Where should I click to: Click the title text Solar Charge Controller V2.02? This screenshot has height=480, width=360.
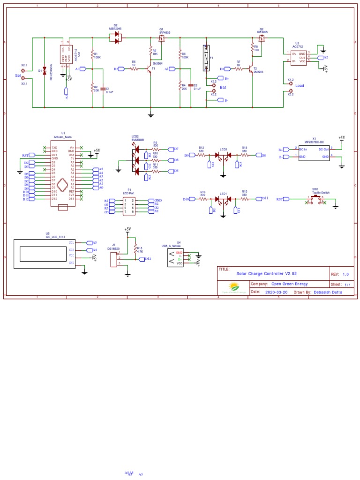pyautogui.click(x=266, y=273)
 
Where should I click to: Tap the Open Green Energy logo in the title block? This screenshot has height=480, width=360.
pyautogui.click(x=233, y=287)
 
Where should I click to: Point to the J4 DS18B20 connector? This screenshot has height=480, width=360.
pyautogui.click(x=113, y=259)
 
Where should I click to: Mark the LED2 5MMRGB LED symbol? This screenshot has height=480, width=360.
pyautogui.click(x=136, y=160)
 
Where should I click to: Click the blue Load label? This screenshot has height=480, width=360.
pyautogui.click(x=300, y=86)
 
